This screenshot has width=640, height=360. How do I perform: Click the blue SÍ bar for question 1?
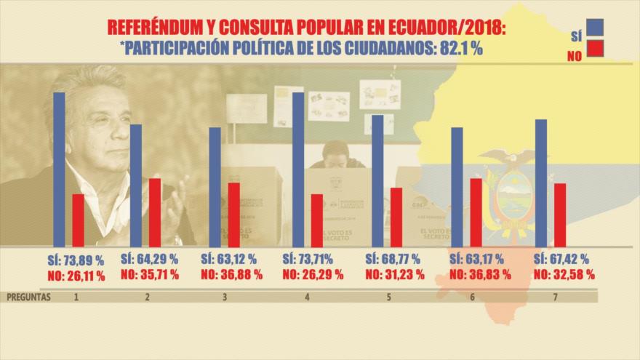(x=59, y=169)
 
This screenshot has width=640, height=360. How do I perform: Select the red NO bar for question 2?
(x=155, y=212)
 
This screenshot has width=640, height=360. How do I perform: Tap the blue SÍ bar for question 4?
(x=298, y=169)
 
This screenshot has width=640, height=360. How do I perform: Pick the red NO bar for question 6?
(x=476, y=212)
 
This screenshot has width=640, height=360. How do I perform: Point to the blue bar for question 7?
(x=541, y=183)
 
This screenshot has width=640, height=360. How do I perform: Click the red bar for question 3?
(x=233, y=214)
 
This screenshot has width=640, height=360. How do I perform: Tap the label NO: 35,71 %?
(x=154, y=276)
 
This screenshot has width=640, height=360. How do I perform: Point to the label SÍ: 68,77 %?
(x=393, y=260)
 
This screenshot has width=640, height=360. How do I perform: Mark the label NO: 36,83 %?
(x=476, y=276)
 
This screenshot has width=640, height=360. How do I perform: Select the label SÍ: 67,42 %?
(x=561, y=260)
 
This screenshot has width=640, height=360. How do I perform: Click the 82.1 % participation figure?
(x=459, y=47)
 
